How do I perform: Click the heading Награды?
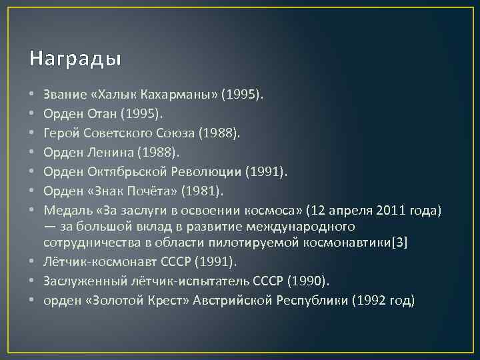[75, 59]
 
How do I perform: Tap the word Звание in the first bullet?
[65, 95]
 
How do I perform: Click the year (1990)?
[309, 281]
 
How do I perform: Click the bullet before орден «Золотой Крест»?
[33, 300]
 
